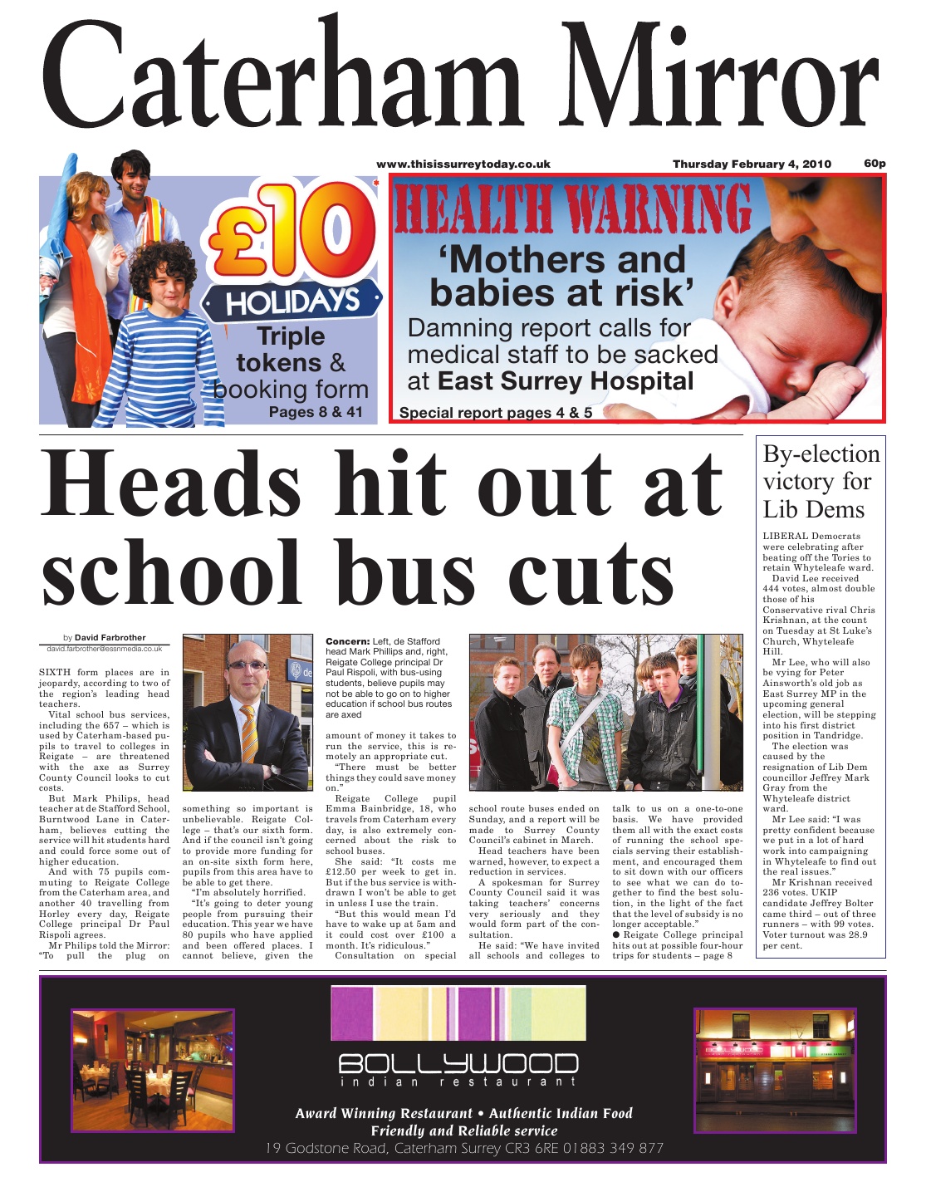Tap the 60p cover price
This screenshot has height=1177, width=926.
875,163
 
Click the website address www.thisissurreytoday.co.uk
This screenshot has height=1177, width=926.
463,164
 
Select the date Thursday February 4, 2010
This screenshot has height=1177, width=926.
751,164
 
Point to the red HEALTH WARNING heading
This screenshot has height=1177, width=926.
573,210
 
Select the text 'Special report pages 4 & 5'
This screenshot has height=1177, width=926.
496,413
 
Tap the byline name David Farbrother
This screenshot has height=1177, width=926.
110,638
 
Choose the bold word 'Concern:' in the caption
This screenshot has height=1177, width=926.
347,641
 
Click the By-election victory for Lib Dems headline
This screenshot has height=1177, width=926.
821,482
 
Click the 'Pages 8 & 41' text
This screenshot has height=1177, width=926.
316,412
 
